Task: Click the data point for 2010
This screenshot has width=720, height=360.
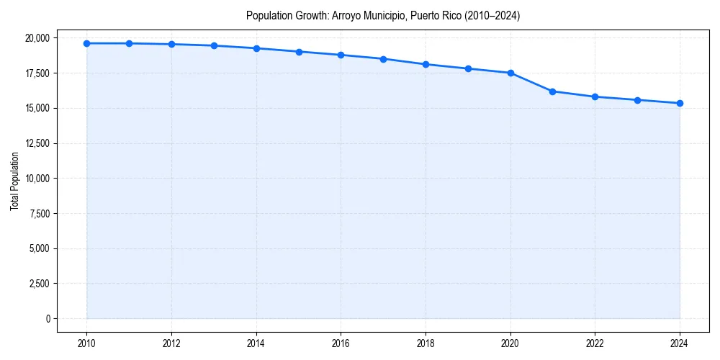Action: [x=86, y=43]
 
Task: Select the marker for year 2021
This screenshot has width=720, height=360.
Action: [x=552, y=91]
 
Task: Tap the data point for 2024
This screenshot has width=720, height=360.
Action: [x=680, y=103]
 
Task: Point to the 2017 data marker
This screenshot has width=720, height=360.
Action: [x=383, y=59]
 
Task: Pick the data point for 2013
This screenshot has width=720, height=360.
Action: [x=214, y=45]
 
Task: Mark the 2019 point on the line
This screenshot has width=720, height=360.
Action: [x=468, y=68]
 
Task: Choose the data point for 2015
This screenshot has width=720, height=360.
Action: [x=299, y=52]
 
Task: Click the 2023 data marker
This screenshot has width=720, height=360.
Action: [x=637, y=100]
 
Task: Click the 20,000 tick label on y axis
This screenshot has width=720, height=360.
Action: [x=36, y=37]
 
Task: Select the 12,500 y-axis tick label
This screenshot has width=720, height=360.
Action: [x=36, y=143]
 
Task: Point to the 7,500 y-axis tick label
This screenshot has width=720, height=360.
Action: [x=38, y=214]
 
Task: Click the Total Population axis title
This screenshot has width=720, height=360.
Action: [x=14, y=181]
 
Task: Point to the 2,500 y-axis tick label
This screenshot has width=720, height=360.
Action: [x=38, y=284]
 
